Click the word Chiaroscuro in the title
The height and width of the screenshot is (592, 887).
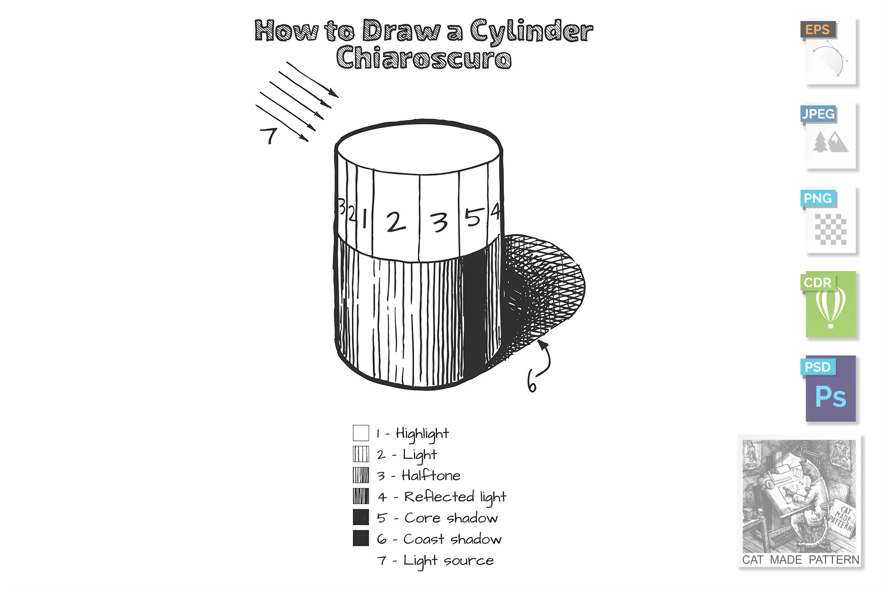(424, 58)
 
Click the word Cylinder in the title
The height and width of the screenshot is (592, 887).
(531, 31)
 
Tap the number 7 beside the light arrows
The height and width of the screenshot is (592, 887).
(269, 135)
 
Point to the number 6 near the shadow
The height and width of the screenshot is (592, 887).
(532, 381)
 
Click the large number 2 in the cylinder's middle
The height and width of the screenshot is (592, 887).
(396, 222)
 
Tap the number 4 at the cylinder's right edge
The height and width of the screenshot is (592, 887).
(495, 212)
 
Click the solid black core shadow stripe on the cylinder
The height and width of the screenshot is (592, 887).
(474, 312)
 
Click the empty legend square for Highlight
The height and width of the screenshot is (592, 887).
(361, 433)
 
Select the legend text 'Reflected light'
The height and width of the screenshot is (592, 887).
(455, 497)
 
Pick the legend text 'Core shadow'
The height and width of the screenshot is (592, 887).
(451, 518)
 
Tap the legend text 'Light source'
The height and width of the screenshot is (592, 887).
(448, 561)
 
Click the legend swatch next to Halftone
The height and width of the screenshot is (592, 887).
(361, 475)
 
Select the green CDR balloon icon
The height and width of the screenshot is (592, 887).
(830, 305)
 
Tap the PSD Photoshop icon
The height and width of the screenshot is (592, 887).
(830, 389)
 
